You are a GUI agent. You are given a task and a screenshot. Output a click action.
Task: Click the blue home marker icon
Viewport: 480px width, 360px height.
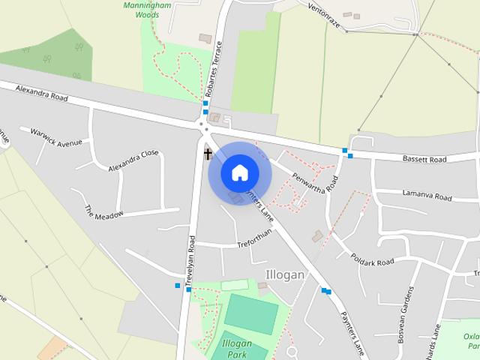pos(239,172)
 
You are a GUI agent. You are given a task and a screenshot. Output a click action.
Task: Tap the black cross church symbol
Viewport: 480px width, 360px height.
pos(208,154)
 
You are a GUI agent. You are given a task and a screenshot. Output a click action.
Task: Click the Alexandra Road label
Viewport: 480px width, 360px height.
pos(41,93)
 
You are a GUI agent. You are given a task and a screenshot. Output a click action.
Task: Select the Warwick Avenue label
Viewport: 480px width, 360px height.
pos(55,137)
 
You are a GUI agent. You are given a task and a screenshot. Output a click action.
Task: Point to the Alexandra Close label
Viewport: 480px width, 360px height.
pos(133,160)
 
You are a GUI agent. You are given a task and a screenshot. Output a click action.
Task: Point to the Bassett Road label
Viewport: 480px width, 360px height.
pos(424,159)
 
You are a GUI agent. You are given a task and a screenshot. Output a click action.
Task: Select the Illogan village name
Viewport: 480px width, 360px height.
pos(285,274)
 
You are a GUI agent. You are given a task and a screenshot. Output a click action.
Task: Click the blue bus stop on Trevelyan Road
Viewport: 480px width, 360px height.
pos(178,286)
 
